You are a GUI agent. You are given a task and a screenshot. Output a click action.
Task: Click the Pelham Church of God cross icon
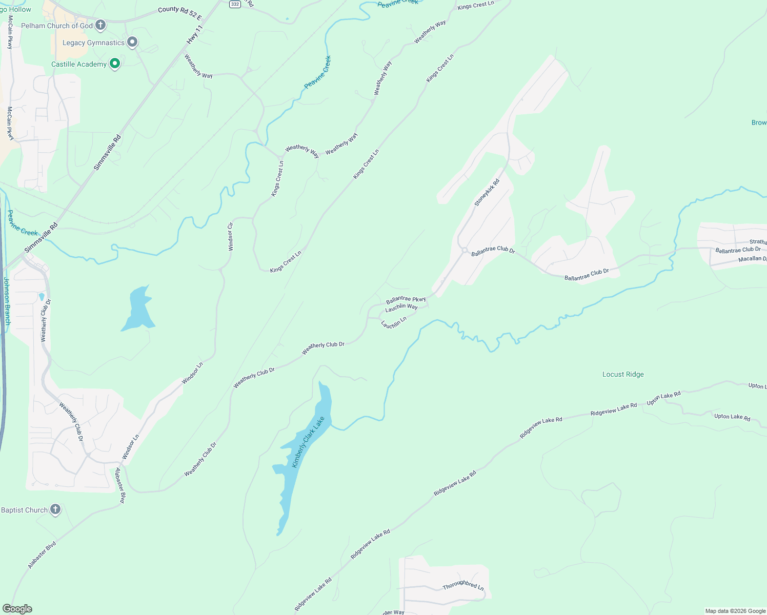tap(100, 25)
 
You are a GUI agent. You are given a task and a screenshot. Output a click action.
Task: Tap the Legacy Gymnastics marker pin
tap(132, 42)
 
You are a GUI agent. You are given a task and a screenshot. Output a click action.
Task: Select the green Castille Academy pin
tap(115, 64)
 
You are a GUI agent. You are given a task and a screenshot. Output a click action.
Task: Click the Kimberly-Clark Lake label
tap(308, 442)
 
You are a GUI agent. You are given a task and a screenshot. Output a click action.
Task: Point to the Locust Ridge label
tap(623, 375)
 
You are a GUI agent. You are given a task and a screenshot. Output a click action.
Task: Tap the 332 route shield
tap(235, 4)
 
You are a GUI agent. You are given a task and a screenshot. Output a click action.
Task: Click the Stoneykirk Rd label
tap(487, 193)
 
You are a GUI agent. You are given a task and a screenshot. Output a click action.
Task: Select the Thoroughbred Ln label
tap(463, 585)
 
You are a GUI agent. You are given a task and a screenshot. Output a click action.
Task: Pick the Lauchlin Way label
tap(401, 307)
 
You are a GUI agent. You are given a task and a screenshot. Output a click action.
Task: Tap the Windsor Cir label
tap(231, 236)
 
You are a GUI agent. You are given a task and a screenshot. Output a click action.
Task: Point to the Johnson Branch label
tap(7, 301)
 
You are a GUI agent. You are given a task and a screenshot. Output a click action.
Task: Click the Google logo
tap(17, 609)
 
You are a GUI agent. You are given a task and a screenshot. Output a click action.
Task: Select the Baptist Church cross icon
tap(55, 509)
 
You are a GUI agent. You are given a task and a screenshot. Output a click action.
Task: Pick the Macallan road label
tap(752, 259)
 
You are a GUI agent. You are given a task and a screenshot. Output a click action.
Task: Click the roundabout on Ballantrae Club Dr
tap(464, 250)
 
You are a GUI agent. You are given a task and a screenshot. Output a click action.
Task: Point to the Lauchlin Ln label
tap(394, 322)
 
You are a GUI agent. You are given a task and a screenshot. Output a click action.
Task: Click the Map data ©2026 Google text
tap(735, 610)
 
